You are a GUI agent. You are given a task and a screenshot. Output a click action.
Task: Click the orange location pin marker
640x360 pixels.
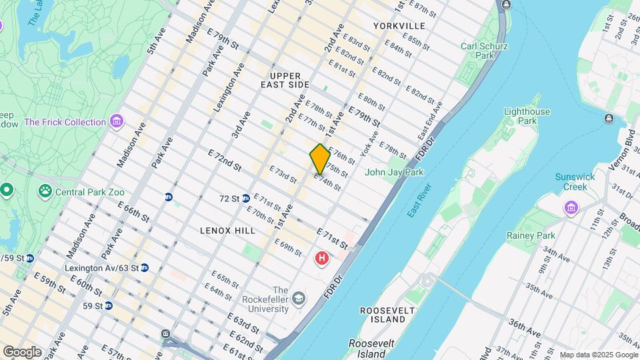click(x=320, y=159)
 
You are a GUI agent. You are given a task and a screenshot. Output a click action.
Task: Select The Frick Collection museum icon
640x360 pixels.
click(x=117, y=122)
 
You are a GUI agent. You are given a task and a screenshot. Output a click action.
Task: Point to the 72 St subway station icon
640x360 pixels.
click(x=245, y=199)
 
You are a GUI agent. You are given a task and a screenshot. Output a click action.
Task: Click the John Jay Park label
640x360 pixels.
click(x=394, y=172)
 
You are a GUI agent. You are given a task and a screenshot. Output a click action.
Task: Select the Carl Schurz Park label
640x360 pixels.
click(x=485, y=51)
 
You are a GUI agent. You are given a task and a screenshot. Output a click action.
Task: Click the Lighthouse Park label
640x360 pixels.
click(x=527, y=116)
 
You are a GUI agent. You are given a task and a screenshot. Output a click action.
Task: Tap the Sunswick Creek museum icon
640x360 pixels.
click(x=571, y=208)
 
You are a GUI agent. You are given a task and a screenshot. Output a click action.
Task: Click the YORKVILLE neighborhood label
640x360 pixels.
click(x=399, y=25)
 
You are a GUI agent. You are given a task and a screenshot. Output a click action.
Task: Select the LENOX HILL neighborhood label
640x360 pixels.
click(x=227, y=230)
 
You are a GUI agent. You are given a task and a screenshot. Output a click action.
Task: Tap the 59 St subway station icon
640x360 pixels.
click(x=108, y=306)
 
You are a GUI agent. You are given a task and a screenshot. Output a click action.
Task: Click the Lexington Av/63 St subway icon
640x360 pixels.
click(x=144, y=268)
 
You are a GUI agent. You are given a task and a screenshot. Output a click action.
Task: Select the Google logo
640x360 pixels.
click(x=22, y=352)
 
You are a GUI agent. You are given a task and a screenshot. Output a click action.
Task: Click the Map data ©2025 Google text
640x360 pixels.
click(x=598, y=355)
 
